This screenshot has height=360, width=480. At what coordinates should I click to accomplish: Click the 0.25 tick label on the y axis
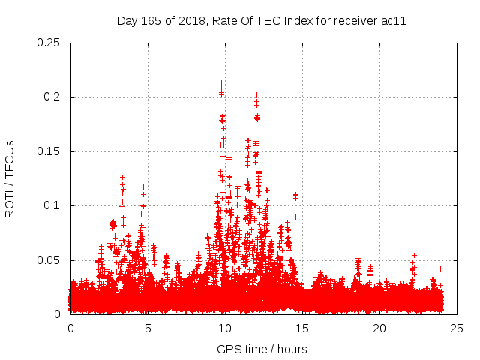coord(49,43)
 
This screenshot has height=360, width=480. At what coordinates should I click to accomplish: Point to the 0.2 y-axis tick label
coord(52,97)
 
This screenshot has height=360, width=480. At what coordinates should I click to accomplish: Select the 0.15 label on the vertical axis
coord(49,151)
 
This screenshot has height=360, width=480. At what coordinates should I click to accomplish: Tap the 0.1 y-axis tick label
coord(52,205)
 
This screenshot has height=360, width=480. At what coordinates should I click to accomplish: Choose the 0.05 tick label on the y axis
coord(49,260)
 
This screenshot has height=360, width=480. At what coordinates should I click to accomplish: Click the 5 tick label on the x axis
coord(148,328)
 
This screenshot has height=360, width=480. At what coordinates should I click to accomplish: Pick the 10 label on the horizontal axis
coord(225,328)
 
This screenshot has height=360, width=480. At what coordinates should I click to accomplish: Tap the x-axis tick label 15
coord(302,328)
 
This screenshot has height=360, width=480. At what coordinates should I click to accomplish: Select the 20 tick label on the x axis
coord(379,328)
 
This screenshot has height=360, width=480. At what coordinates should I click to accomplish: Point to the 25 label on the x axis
coord(456,328)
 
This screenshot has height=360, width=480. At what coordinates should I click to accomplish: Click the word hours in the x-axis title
coord(291,349)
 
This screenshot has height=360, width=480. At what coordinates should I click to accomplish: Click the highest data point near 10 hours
coord(221,82)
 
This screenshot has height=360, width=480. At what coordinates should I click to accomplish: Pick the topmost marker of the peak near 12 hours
coord(256,94)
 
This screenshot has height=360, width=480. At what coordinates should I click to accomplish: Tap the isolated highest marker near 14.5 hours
coord(295,195)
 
